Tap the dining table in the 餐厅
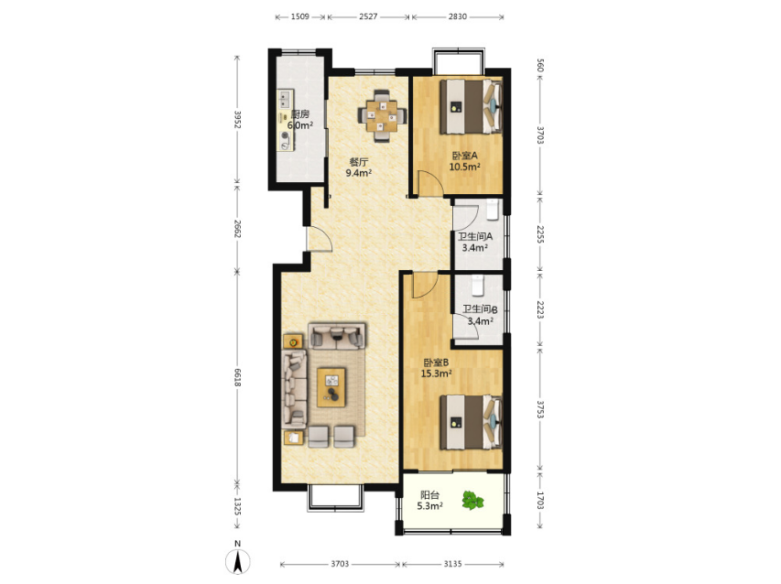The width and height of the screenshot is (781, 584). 382,116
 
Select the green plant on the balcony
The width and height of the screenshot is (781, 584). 472,501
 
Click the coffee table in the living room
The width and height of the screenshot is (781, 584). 331,387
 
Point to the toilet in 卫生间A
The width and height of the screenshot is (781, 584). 492,210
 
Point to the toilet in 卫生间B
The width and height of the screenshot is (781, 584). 478,286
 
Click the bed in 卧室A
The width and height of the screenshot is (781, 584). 471,106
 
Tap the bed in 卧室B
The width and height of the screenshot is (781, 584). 471,422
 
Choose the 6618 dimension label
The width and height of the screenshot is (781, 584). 237,377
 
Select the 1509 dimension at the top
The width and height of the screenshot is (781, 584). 299,16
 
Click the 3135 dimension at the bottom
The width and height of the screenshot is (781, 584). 452,564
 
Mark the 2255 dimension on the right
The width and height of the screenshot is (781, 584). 540,234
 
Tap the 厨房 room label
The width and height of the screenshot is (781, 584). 300,114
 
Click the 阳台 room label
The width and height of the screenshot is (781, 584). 429,495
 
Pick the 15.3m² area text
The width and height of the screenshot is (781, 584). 437,373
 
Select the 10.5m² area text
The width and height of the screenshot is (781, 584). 465,167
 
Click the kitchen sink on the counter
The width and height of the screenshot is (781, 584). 285,99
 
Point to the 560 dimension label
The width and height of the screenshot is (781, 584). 540,65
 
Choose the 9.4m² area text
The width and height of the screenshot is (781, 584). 359,173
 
